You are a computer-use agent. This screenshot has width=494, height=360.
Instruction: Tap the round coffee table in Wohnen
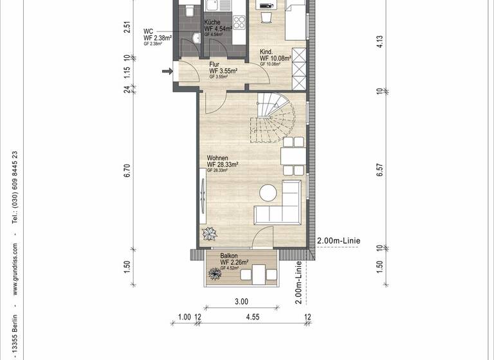point(268,192)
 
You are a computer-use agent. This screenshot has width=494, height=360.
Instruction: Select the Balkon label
point(228,255)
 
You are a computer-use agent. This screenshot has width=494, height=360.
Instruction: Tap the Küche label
point(213,22)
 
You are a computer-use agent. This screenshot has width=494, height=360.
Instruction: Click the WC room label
point(148,31)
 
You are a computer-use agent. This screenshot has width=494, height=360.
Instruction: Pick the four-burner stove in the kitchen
point(239,23)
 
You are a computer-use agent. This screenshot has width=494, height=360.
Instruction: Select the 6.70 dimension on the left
point(127,170)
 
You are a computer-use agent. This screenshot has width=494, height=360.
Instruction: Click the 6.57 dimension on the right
point(380,170)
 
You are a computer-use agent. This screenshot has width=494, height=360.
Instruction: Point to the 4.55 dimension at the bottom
point(253,316)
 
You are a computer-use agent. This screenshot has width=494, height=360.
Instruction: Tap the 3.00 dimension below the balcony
point(241,301)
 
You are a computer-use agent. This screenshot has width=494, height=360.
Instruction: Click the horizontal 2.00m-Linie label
point(338,241)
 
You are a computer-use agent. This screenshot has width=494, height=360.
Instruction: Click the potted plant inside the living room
point(210,233)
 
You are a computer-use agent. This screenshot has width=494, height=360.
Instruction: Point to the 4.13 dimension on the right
point(380,42)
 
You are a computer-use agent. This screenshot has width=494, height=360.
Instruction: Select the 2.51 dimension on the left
point(127,28)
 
